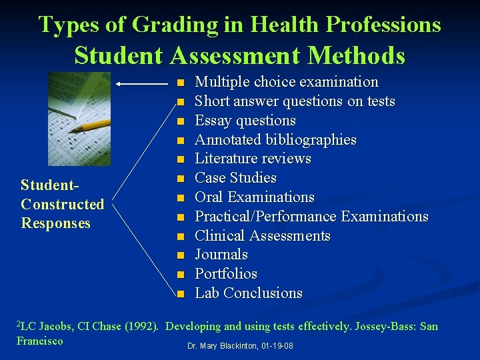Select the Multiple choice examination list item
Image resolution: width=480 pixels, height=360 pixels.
click(286, 82)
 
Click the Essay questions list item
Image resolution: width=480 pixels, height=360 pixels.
click(245, 121)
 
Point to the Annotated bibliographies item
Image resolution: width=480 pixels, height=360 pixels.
click(275, 140)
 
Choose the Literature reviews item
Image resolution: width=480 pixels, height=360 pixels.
click(253, 159)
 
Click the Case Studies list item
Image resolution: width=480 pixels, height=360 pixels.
click(235, 178)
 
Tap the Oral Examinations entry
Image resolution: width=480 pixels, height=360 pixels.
click(254, 197)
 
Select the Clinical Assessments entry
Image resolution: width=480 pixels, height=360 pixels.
click(262, 236)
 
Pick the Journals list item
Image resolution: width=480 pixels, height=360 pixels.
click(221, 255)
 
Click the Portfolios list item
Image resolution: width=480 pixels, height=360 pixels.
click(225, 274)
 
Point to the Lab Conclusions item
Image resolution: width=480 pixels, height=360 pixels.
click(248, 293)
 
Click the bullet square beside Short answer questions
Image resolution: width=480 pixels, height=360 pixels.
click(179, 102)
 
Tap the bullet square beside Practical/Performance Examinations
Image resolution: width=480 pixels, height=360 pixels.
click(179, 217)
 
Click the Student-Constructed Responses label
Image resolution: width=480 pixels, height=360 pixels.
click(63, 204)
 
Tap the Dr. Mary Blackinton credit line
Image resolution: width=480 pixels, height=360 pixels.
click(240, 347)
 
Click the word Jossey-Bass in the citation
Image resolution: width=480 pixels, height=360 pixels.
click(385, 327)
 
